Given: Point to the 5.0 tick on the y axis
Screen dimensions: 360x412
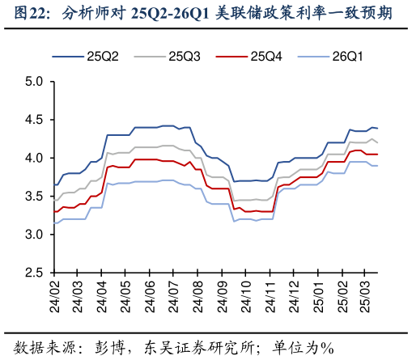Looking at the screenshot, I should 34,82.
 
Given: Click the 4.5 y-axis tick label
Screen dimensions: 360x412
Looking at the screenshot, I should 34,120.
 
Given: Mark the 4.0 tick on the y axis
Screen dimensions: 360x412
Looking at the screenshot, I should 34,159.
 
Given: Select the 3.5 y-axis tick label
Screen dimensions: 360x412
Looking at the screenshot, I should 34,197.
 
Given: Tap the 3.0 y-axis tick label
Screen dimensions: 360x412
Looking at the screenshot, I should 34,235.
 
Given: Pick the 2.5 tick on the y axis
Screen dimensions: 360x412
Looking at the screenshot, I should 34,273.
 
